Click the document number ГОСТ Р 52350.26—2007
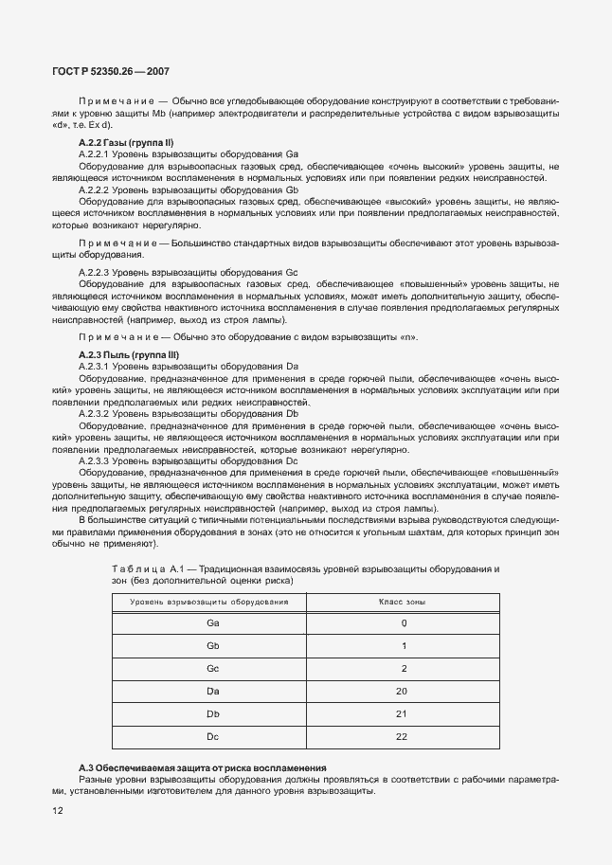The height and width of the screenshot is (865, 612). [x=111, y=72]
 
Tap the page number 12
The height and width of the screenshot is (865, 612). [x=58, y=811]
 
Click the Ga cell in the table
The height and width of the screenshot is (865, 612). [x=212, y=622]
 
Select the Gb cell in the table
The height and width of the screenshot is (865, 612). [x=212, y=645]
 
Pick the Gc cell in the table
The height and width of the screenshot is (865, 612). [x=212, y=668]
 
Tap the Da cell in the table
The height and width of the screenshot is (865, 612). [x=212, y=691]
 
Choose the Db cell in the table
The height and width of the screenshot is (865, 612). [x=212, y=713]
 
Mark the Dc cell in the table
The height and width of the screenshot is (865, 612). [x=212, y=736]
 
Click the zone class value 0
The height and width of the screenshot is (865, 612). [x=404, y=622]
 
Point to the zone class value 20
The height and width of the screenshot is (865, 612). [x=402, y=691]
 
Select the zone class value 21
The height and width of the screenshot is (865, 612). [x=402, y=713]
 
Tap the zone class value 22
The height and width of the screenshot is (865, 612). [x=402, y=736]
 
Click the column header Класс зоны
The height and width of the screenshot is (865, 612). [x=402, y=602]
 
